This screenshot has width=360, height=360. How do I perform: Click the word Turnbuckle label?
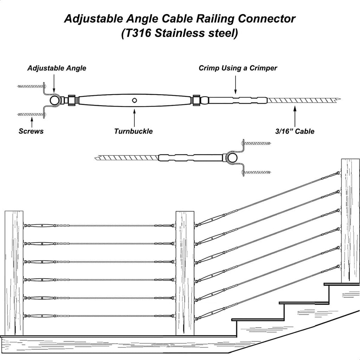[x=133, y=131]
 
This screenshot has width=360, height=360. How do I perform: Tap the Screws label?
[x=31, y=131]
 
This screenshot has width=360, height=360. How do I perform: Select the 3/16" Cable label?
[x=295, y=131]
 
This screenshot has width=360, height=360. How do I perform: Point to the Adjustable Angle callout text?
[x=57, y=68]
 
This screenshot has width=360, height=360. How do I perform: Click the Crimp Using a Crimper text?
[x=238, y=68]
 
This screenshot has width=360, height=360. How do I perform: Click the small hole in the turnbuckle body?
[x=135, y=100]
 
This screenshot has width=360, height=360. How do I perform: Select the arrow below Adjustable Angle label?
[x=54, y=84]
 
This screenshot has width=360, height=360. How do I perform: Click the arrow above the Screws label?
[x=32, y=122]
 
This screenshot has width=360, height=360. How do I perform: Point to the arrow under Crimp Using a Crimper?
[x=235, y=85]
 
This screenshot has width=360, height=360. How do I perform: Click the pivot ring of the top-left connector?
[x=54, y=101]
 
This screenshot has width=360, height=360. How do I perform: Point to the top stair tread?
[x=342, y=284]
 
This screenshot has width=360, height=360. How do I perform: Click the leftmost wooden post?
[x=14, y=273]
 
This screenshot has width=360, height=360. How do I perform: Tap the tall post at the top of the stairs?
[x=351, y=221]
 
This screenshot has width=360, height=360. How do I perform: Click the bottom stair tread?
[x=258, y=319]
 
